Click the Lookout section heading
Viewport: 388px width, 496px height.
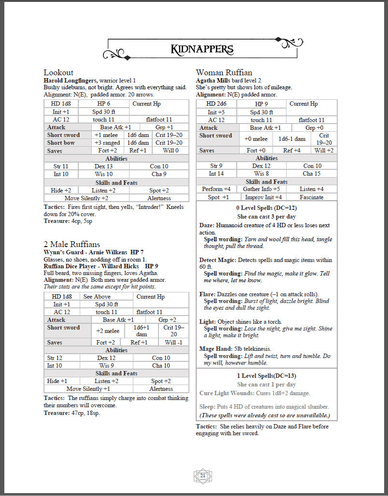[58, 72]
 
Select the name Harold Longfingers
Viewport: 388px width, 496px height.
[71, 80]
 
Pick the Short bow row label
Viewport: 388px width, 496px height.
[61, 143]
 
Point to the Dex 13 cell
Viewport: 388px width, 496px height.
[103, 166]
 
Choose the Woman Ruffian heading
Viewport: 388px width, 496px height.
[224, 72]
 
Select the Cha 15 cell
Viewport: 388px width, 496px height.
[312, 174]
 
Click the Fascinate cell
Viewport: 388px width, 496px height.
[311, 197]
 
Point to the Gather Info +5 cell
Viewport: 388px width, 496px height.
[261, 189]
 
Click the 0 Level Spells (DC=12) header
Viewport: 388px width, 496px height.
[266, 207]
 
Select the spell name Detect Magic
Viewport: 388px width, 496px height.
[217, 260]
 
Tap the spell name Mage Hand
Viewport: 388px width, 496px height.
[215, 348]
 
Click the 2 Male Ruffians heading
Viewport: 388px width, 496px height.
[72, 245]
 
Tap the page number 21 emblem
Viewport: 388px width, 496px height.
[202, 476]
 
